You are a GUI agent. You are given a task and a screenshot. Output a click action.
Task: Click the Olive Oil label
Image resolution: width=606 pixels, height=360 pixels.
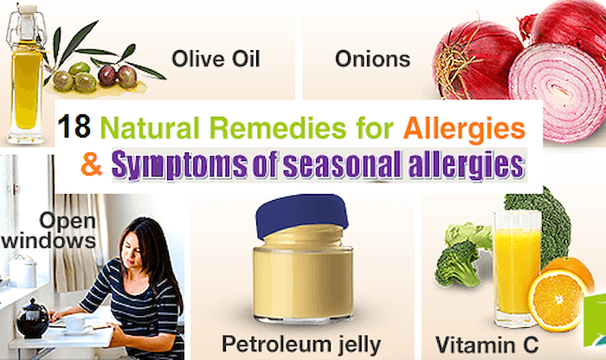[216, 59]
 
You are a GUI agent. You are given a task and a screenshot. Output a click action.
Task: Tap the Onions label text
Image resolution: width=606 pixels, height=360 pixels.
[372, 59]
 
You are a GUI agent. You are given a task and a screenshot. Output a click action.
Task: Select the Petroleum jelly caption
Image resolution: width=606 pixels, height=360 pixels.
[301, 344]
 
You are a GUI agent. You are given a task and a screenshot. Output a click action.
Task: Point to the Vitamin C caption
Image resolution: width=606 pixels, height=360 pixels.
[487, 344]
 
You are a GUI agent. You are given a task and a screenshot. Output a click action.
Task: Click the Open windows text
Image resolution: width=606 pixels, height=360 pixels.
[49, 230]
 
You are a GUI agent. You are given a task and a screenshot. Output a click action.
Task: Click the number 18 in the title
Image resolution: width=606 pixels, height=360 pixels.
[74, 126]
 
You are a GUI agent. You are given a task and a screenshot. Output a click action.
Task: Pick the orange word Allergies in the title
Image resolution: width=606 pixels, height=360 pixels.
[464, 129]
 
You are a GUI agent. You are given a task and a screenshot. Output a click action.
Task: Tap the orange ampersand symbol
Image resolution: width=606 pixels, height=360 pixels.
[92, 164]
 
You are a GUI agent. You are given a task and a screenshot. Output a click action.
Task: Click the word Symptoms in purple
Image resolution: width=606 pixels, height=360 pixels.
[179, 165]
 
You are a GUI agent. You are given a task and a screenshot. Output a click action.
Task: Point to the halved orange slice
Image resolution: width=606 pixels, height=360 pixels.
[557, 300]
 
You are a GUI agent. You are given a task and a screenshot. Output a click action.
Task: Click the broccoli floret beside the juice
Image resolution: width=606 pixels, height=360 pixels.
[458, 263]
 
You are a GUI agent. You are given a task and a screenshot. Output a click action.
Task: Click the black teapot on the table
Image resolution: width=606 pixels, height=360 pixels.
[33, 318]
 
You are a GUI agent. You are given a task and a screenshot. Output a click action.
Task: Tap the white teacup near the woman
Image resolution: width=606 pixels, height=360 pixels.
[75, 323]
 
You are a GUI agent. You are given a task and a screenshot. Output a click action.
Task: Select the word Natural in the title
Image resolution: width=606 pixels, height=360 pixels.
[150, 127]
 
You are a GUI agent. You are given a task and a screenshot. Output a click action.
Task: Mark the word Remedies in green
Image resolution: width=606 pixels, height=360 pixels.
[277, 127]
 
